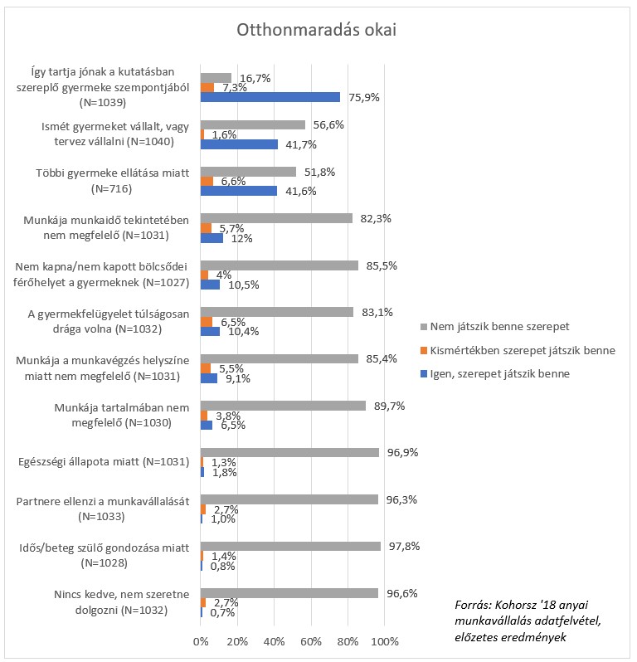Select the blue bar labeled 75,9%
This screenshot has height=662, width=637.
270,97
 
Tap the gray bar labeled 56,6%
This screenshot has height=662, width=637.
252,125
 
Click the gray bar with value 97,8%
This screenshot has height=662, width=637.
290,546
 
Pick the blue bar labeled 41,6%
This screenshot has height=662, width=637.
239,191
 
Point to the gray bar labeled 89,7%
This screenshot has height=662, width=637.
283,406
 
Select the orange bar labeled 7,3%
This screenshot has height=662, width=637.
207,87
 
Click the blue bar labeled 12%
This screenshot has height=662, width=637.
212,238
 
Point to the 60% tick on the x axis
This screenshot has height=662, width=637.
311,642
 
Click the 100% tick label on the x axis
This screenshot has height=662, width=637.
385,642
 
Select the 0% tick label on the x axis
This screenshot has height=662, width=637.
201,642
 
